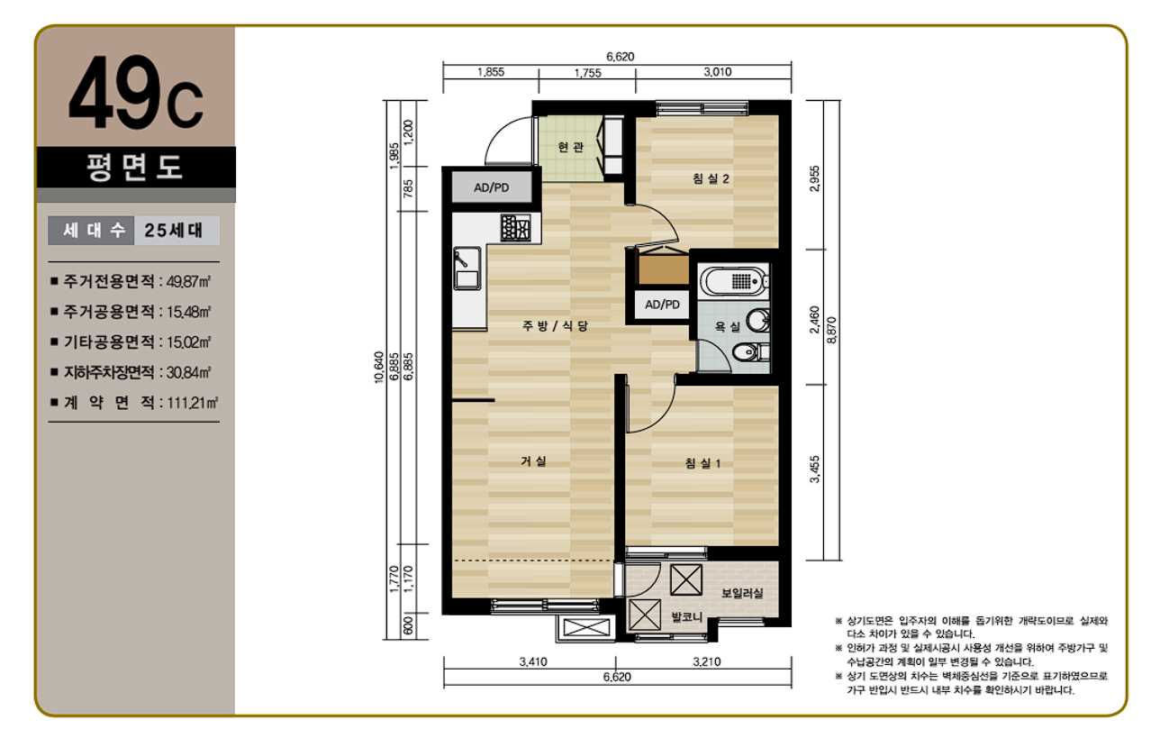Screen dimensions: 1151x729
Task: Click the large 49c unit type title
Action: click(136, 93)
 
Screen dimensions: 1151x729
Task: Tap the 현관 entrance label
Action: click(571, 148)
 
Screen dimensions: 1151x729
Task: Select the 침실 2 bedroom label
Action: click(711, 179)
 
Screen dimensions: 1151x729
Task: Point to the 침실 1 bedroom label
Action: click(702, 464)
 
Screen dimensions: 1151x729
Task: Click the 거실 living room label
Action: click(533, 461)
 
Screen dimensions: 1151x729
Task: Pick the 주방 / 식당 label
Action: click(555, 326)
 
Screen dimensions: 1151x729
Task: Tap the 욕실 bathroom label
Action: click(727, 326)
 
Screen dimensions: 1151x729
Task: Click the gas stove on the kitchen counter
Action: click(515, 227)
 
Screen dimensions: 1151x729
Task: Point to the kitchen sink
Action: click(467, 268)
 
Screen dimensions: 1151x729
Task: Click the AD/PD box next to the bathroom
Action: click(662, 305)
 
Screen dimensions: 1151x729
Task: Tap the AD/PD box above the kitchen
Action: click(492, 187)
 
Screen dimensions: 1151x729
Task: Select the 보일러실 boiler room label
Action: click(742, 593)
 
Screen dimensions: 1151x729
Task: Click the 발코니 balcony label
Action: click(686, 617)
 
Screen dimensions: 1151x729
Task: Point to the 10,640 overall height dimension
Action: click(379, 367)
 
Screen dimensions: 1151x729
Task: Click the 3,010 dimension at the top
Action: click(717, 72)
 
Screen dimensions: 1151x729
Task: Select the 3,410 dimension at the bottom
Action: click(533, 662)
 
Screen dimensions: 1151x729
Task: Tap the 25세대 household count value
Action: click(174, 231)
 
